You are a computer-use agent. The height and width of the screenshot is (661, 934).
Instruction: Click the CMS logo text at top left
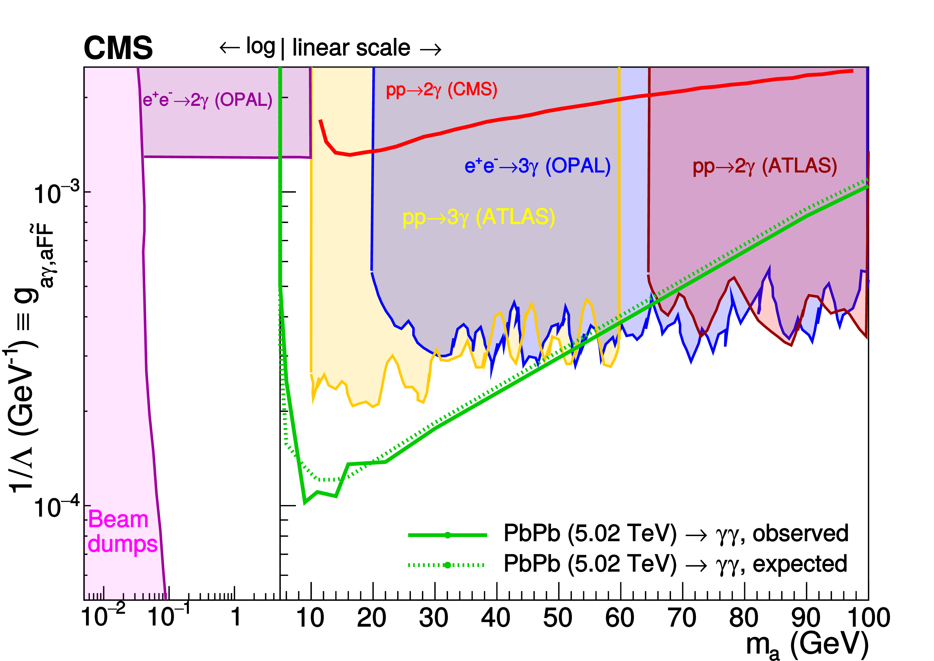118,48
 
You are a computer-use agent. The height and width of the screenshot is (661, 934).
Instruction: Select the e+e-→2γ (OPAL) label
207,100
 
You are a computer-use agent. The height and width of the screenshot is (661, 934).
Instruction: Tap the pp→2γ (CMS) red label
442,90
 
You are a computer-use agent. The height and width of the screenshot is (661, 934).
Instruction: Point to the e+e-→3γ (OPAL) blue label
538,166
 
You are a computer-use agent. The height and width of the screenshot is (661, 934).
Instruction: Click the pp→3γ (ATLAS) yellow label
479,217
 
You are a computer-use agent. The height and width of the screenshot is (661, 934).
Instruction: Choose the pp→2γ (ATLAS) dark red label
765,166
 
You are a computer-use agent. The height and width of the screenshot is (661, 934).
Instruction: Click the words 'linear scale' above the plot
351,48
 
